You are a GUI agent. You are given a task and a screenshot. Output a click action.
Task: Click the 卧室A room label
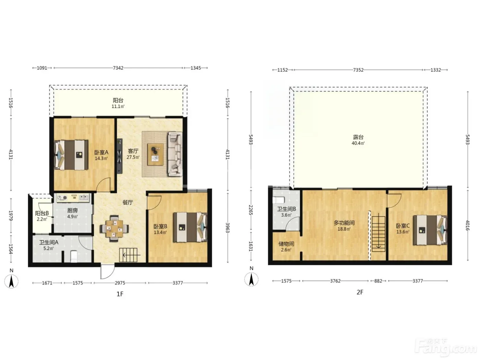coord(101,152)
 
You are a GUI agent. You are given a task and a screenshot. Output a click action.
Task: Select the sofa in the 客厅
coord(175,154)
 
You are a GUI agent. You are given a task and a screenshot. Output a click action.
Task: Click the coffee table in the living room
coord(155,154)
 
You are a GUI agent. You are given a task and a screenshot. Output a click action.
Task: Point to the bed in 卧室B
coord(190,227)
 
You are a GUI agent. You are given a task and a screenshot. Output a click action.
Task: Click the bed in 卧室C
coord(430,230)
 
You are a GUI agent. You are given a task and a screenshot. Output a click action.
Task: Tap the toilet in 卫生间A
coord(74,256)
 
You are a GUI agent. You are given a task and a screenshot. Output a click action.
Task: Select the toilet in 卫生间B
coord(278,200)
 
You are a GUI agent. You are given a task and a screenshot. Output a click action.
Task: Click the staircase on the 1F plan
coord(130,255)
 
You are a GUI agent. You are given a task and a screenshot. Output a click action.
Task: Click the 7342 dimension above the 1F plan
coord(118,68)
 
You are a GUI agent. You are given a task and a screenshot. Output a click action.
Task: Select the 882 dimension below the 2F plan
coord(378,281)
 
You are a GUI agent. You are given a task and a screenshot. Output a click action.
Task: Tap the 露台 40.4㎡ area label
coord(358,140)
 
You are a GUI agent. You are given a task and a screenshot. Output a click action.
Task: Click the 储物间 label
coord(286,244)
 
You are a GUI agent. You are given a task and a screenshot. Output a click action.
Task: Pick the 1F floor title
coord(120,294)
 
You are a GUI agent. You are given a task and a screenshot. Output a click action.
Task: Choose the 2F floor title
coord(360,292)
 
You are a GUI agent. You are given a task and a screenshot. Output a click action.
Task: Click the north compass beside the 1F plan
coord(11,281)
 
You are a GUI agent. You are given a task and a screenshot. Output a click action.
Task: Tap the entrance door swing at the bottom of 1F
coord(107,272)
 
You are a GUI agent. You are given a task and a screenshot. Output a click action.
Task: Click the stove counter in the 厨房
coord(73,198)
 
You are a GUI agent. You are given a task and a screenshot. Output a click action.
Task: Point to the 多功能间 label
coord(344,223)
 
